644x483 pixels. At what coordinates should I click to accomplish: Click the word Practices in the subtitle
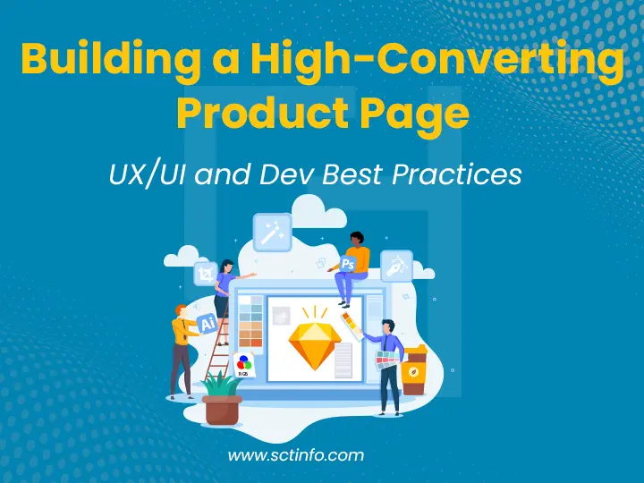click(x=464, y=174)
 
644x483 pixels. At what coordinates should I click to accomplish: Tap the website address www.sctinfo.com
click(x=295, y=455)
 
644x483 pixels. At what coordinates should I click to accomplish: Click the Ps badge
click(x=347, y=264)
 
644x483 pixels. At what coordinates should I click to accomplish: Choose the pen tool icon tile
click(x=396, y=266)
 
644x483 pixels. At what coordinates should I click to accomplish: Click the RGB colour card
click(x=243, y=364)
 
